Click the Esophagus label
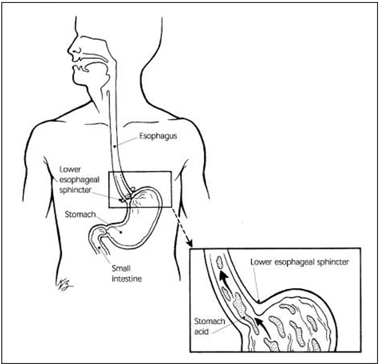coord(158,136)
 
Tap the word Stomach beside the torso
coord(80,214)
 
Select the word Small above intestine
coord(121,268)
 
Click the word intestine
coord(127,279)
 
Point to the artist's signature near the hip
coord(63,284)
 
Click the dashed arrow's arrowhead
coord(189,243)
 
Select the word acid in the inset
coord(201,331)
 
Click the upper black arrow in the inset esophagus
coord(225,281)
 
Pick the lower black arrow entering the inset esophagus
coord(264,327)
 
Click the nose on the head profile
coord(72,51)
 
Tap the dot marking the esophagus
coord(115,146)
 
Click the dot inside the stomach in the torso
coord(121,232)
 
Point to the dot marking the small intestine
coord(100,247)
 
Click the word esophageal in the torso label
coord(79,180)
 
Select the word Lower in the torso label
coord(70,170)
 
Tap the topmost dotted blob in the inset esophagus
coord(220,262)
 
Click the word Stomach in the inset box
coord(209,321)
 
